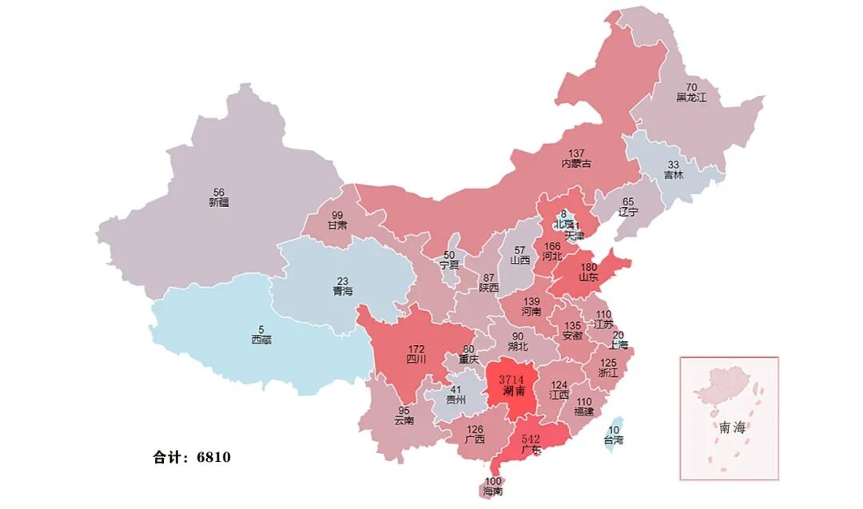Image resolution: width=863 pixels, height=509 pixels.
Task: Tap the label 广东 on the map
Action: pos(531,450)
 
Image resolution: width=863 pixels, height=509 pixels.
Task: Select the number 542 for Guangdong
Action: pos(531,439)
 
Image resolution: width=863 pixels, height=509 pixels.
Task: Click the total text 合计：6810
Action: pos(192,458)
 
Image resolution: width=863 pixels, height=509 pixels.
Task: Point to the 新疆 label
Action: pos(218,202)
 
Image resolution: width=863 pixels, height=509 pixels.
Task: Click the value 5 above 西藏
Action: pos(260,328)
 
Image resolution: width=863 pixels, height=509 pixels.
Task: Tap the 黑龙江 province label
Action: pos(691,97)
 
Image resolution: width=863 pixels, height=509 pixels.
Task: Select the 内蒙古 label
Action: pos(576,163)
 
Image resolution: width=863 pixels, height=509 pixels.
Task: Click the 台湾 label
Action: pos(613,439)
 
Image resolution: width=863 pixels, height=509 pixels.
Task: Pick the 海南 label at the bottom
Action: pos(493,491)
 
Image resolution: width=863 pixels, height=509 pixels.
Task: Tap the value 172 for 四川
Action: pos(416,348)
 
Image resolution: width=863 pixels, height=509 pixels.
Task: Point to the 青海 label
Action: pos(343,292)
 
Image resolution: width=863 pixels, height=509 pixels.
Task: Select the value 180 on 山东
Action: pos(589,267)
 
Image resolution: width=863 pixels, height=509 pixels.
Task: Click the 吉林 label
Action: pos(673,174)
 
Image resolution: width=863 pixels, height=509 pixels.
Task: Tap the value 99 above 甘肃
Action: pos(337,215)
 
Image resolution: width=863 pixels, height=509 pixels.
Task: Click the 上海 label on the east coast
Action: pos(618,345)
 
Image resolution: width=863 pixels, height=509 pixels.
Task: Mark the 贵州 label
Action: pos(455,400)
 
